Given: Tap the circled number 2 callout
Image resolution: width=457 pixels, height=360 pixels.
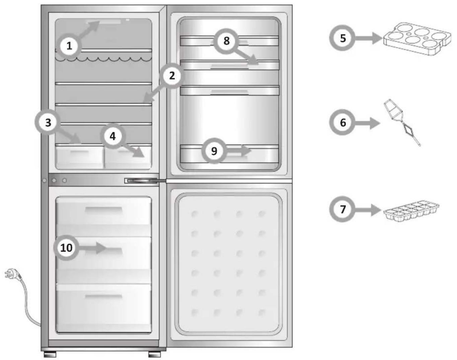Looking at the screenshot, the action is [172, 76].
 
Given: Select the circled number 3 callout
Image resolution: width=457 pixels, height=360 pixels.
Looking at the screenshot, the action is [48, 123].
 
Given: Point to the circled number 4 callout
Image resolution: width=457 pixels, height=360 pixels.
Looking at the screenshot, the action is [112, 136].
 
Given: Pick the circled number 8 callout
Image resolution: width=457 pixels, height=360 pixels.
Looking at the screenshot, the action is [226, 41].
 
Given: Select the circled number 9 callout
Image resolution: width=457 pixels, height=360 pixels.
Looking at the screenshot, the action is [214, 151].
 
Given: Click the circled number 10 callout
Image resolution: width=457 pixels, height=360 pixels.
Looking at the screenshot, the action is [66, 248].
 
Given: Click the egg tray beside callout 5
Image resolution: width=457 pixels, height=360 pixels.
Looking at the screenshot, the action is [417, 39].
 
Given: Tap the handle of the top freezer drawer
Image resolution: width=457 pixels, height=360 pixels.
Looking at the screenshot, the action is [104, 210].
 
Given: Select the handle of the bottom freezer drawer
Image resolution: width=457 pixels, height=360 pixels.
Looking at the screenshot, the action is [104, 296].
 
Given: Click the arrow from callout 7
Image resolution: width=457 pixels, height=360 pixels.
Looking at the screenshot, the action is [368, 210].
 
